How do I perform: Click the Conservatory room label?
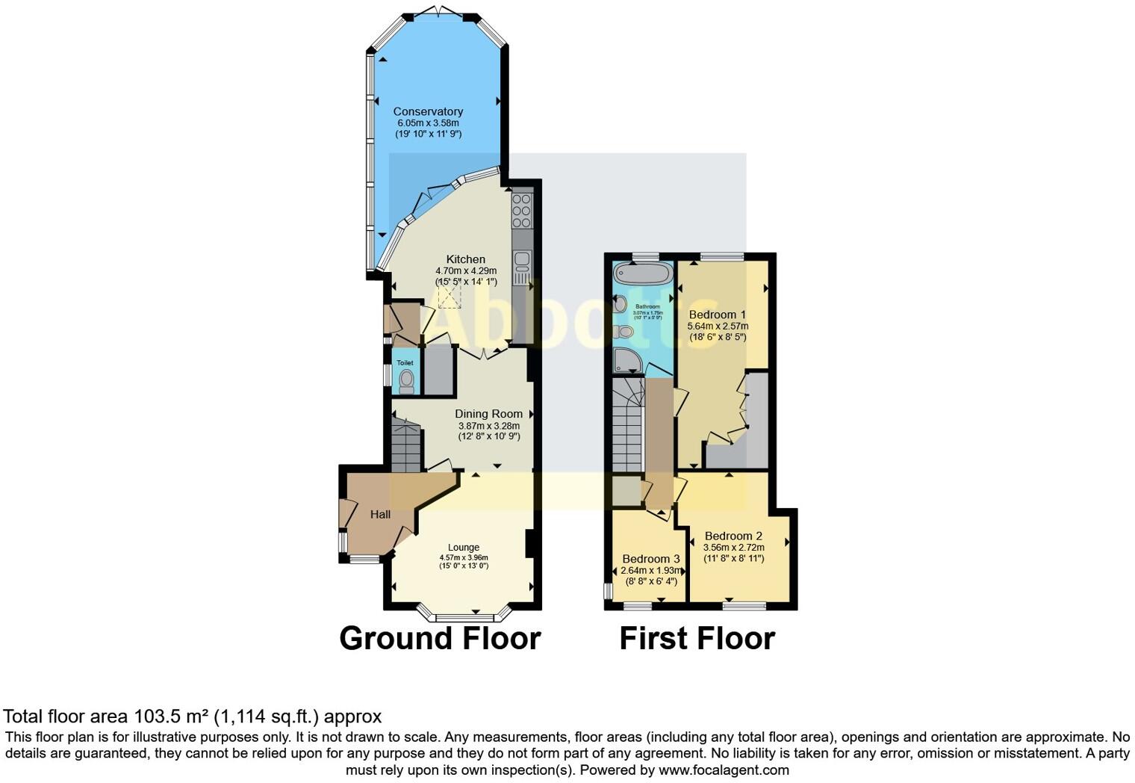[x=428, y=111]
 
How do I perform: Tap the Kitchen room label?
[x=465, y=259]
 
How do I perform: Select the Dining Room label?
[x=488, y=413]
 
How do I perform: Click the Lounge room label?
[x=463, y=547]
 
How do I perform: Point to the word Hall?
[x=380, y=514]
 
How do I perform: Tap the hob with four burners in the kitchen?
[x=521, y=211]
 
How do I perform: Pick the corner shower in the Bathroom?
[x=627, y=360]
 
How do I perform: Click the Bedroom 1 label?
[x=717, y=315]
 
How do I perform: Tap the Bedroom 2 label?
[x=733, y=536]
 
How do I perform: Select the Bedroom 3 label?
[x=650, y=559]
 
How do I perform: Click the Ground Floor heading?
[x=440, y=639]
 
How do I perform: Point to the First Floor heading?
[x=697, y=639]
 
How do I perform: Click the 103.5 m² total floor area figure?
[x=171, y=717]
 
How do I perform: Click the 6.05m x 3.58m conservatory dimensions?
[x=428, y=123]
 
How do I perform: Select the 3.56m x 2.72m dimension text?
[x=733, y=547]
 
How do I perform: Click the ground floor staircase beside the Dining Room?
[x=405, y=448]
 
